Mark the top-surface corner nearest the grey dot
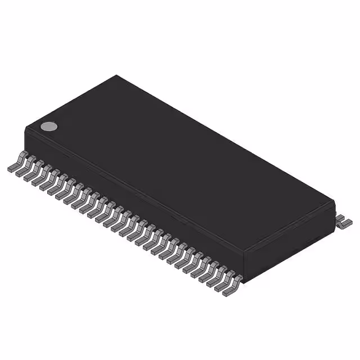27,130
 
